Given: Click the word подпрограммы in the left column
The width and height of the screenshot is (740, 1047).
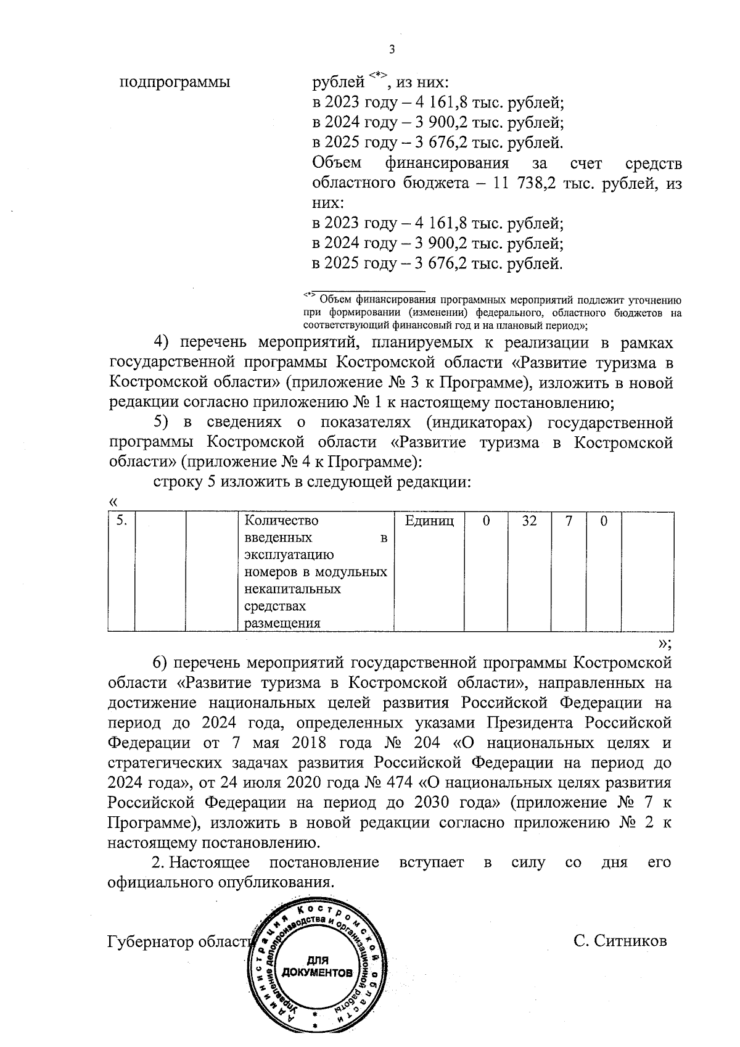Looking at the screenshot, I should tap(174, 82).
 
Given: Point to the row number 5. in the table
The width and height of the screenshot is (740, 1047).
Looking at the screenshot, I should tap(121, 521).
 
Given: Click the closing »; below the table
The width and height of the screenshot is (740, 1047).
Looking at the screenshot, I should tap(664, 644).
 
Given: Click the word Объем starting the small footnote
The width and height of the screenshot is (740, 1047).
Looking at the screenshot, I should tap(336, 300).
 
